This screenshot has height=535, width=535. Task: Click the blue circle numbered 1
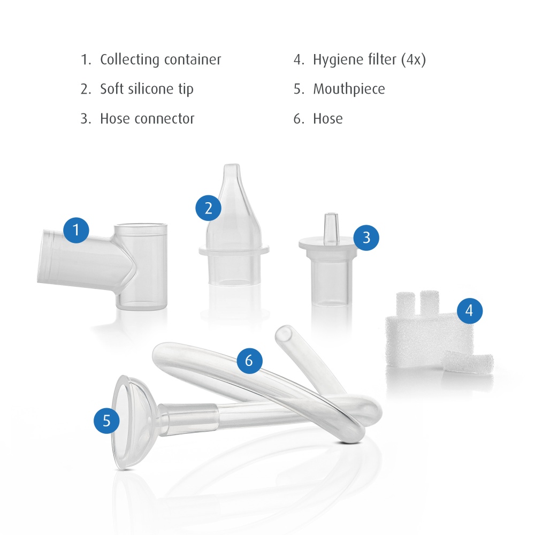(x=76, y=230)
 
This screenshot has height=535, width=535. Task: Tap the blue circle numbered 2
(x=209, y=208)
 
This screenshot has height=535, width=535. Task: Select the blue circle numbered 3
(x=366, y=238)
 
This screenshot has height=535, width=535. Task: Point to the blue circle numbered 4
(x=470, y=311)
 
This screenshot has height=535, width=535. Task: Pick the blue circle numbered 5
(x=107, y=421)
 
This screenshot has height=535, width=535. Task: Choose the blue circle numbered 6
(x=249, y=361)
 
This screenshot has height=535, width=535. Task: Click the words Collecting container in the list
(x=160, y=60)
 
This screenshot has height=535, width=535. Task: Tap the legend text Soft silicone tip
(x=147, y=89)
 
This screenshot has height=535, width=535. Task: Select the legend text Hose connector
(x=147, y=119)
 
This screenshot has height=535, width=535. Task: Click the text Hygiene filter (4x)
(x=369, y=60)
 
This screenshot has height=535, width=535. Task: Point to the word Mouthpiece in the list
(x=349, y=89)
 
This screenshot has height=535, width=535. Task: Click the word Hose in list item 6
(x=328, y=119)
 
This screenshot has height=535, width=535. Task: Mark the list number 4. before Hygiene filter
(x=299, y=60)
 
